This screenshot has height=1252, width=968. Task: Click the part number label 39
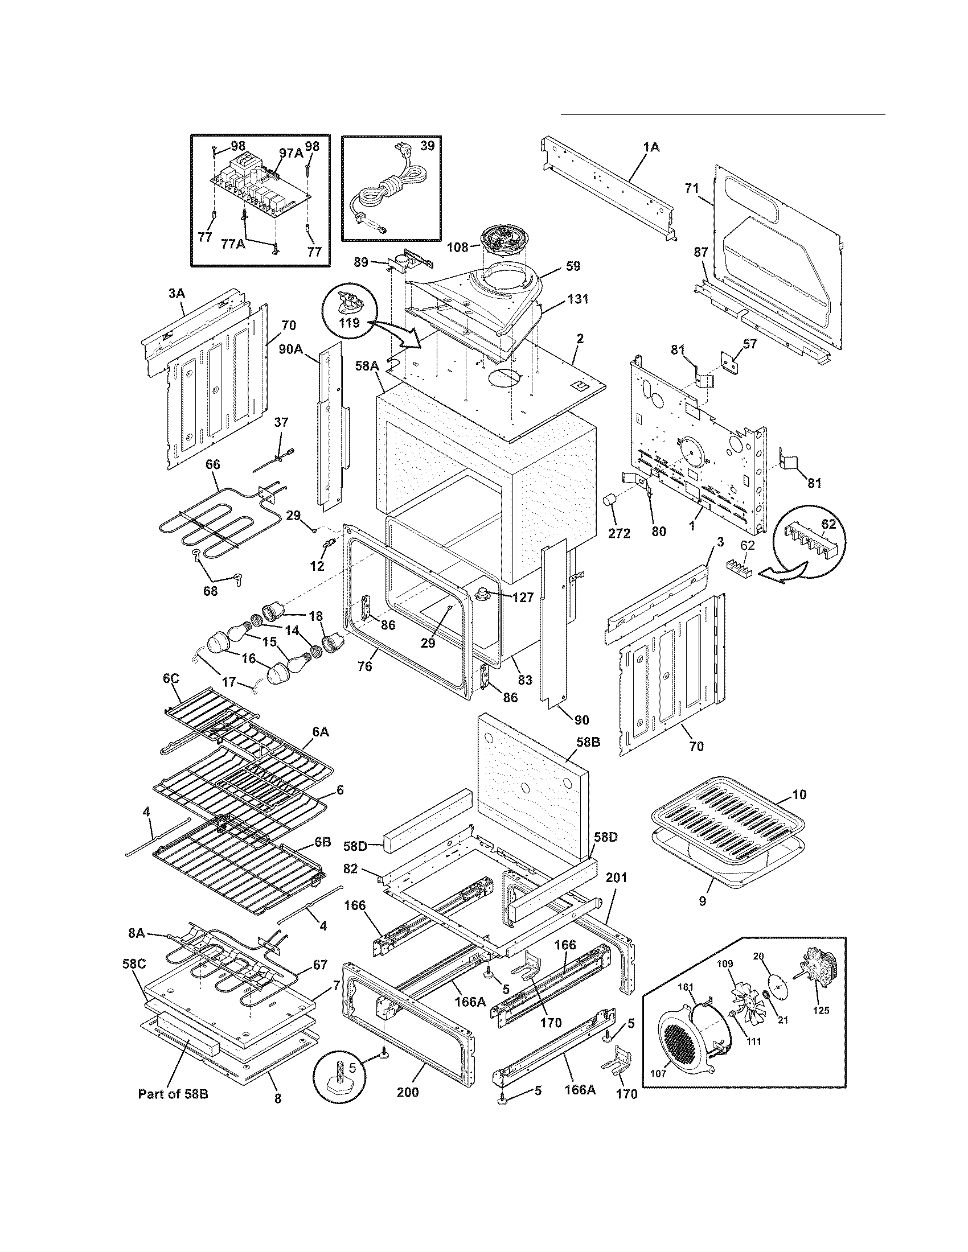coord(426,146)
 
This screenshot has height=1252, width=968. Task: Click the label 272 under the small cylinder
coord(619,534)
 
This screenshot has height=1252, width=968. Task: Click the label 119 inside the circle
coord(348,323)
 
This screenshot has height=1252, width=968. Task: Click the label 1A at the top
coord(651,147)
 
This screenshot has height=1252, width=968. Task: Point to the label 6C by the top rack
coord(170,679)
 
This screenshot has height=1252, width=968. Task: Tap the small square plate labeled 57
coord(729,362)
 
